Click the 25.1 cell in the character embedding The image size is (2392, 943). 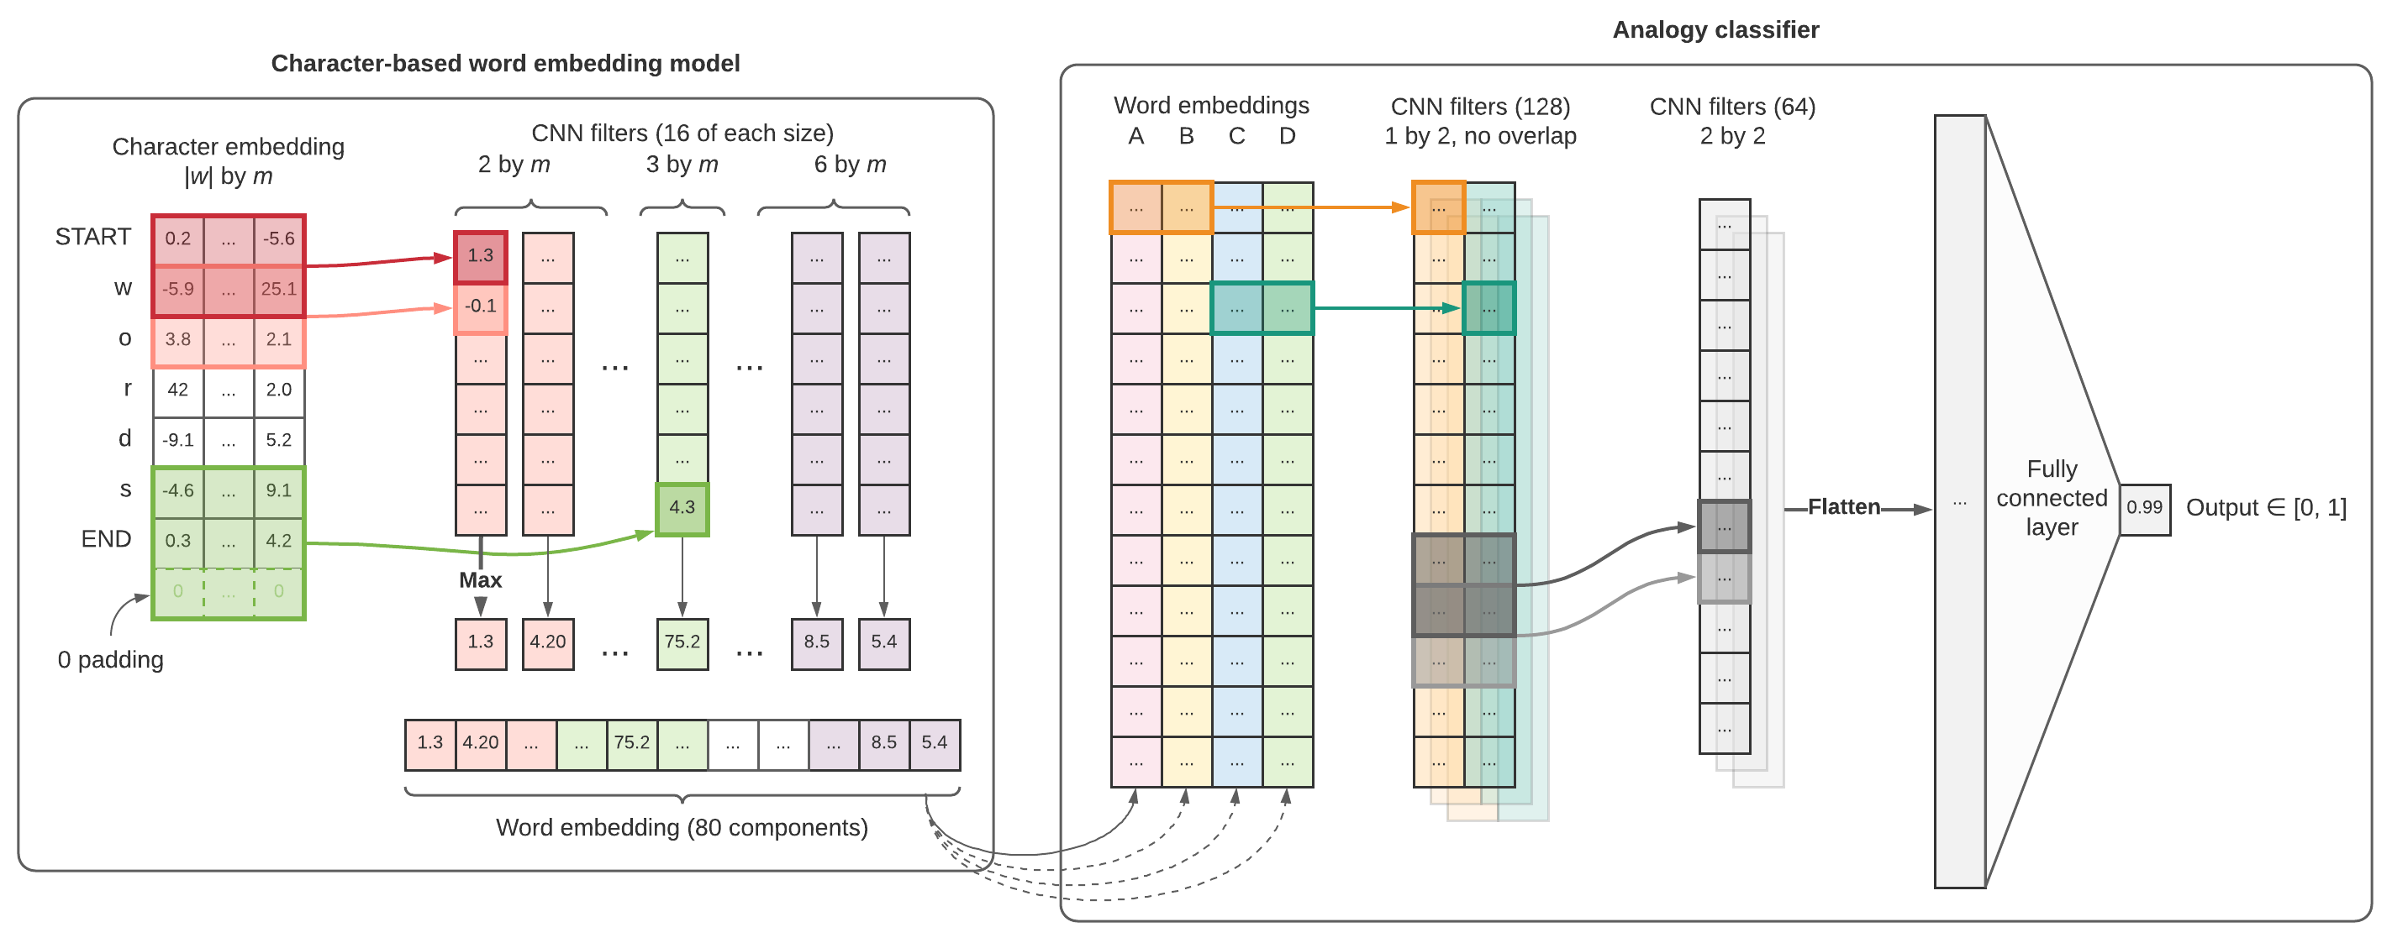pyautogui.click(x=278, y=289)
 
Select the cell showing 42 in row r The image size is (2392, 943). pyautogui.click(x=177, y=390)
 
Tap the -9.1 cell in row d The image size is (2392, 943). pyautogui.click(x=177, y=440)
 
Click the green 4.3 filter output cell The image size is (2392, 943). pyautogui.click(x=682, y=508)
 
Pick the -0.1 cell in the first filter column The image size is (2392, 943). pyautogui.click(x=480, y=306)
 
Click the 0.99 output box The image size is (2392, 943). pyautogui.click(x=2144, y=508)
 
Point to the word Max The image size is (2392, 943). pyautogui.click(x=480, y=580)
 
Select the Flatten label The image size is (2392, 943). pyautogui.click(x=1843, y=507)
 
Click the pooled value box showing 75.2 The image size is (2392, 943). pyautogui.click(x=682, y=642)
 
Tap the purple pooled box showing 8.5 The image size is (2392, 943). pyautogui.click(x=817, y=642)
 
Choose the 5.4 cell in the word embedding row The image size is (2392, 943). pyautogui.click(x=934, y=743)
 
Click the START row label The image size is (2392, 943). pyautogui.click(x=92, y=237)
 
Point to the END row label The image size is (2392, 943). pyautogui.click(x=106, y=539)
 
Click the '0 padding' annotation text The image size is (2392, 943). pyautogui.click(x=110, y=660)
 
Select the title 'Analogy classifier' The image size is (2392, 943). pyautogui.click(x=1715, y=29)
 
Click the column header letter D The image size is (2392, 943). pyautogui.click(x=1287, y=136)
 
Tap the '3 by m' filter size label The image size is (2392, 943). pyautogui.click(x=682, y=165)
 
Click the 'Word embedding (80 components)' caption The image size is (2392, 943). pyautogui.click(x=682, y=828)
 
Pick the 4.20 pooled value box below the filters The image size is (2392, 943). pyautogui.click(x=548, y=642)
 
